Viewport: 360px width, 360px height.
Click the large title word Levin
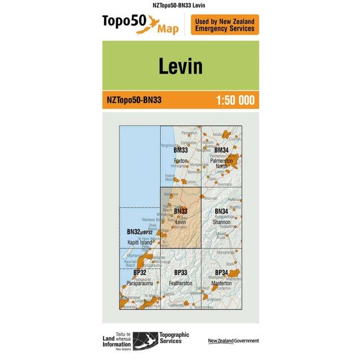[x=180, y=66]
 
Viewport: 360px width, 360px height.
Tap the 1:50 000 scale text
[x=235, y=101]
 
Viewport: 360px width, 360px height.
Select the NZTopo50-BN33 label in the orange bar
[x=134, y=101]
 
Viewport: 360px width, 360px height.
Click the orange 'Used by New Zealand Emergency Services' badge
[x=225, y=25]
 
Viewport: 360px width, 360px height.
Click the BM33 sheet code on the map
[x=181, y=151]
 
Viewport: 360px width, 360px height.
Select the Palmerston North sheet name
[x=221, y=163]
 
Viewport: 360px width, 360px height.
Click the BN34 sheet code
[x=221, y=212]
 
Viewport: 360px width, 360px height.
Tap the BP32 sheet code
[x=140, y=273]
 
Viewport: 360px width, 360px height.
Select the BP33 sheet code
[x=181, y=273]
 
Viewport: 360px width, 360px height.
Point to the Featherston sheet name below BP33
[x=181, y=282]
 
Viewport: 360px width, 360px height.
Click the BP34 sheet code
[x=221, y=273]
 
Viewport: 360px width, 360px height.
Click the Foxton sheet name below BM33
[x=181, y=161]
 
